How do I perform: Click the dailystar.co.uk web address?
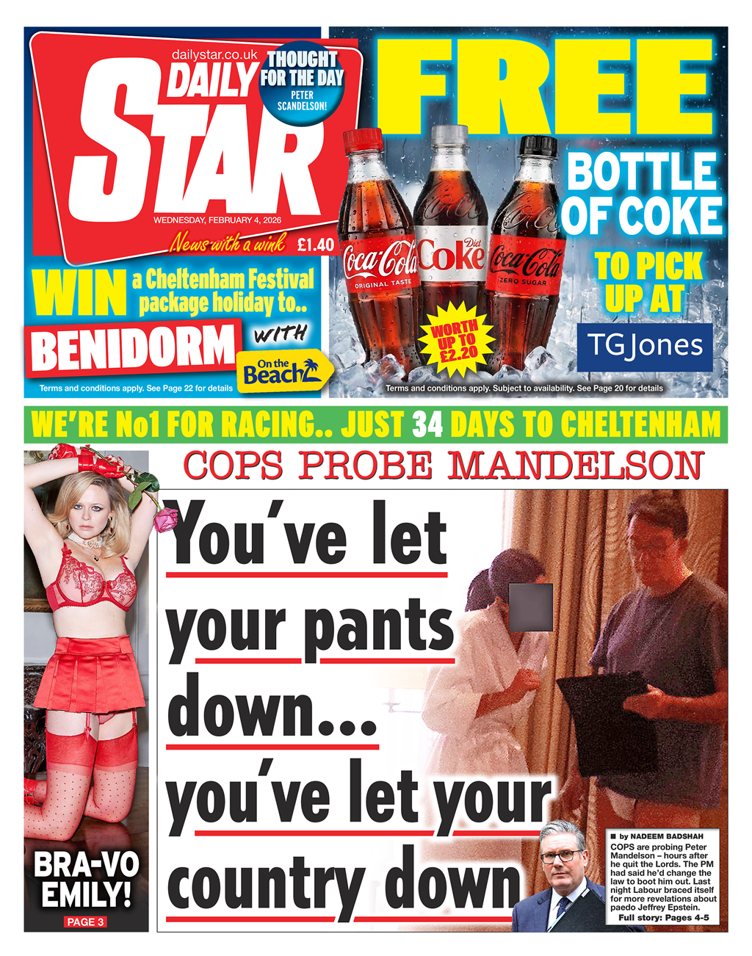[x=214, y=55]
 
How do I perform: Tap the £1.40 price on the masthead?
[x=316, y=245]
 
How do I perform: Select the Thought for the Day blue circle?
[x=302, y=84]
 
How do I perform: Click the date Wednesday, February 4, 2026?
[x=217, y=220]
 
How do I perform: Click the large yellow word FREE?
[x=543, y=88]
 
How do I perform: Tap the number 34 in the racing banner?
[x=427, y=424]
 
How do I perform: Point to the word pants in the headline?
[x=379, y=626]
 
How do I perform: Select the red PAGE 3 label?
[x=85, y=921]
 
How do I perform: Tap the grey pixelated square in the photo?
[x=530, y=607]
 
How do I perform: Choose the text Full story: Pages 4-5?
[x=663, y=918]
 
